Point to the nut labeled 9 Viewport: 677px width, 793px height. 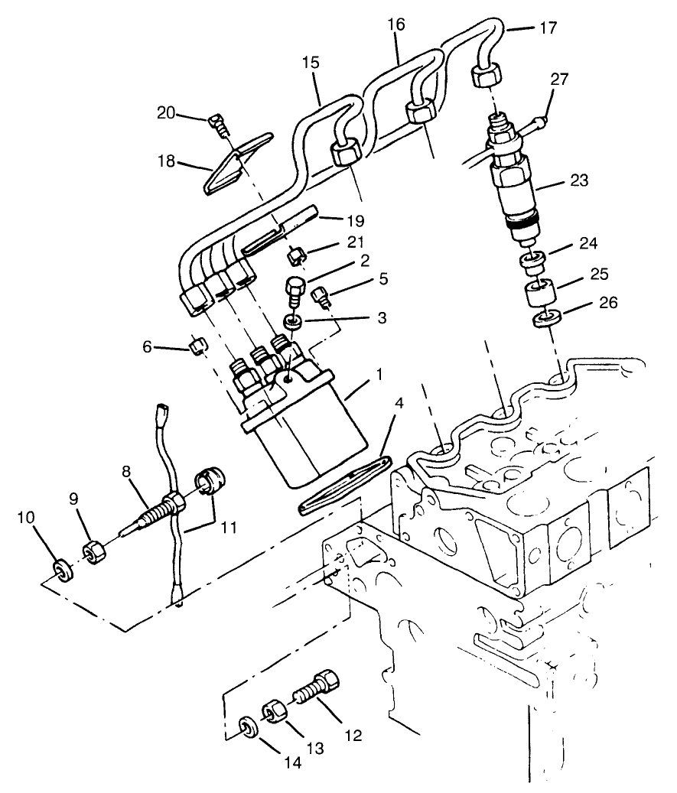93,550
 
